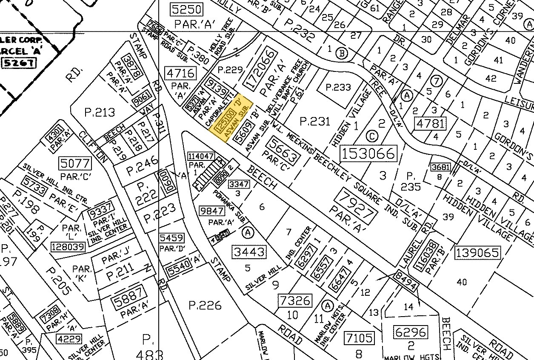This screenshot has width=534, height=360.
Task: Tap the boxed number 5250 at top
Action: click(x=186, y=9)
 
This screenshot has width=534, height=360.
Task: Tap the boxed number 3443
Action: click(x=249, y=251)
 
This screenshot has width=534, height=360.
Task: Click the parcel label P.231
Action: click(x=315, y=122)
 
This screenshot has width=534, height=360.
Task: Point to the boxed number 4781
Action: click(x=431, y=124)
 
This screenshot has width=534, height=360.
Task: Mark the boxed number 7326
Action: click(x=295, y=300)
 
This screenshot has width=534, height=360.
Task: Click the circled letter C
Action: click(x=371, y=136)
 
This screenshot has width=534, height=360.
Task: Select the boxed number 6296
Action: click(x=411, y=331)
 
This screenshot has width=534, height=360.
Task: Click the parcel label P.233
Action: click(x=338, y=87)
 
